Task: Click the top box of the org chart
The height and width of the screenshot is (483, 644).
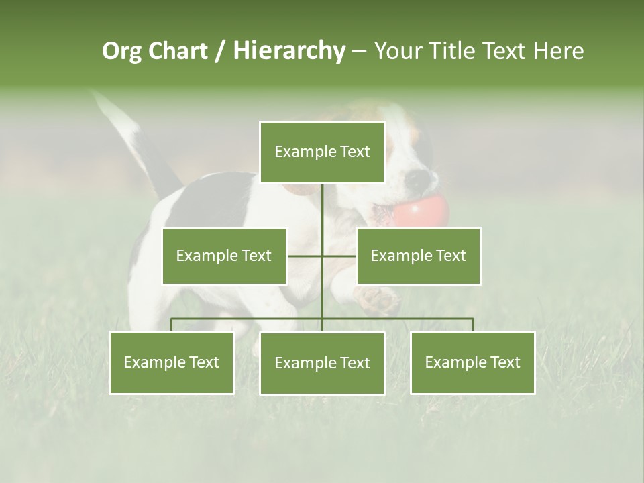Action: point(322,152)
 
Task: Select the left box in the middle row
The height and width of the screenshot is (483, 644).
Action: point(224,256)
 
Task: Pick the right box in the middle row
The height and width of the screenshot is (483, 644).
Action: point(418,256)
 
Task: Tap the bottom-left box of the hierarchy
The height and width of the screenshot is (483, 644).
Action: point(172,362)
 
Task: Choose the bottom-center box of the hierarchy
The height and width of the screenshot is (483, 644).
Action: point(322,363)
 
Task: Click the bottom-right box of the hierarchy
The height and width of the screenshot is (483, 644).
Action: point(472,362)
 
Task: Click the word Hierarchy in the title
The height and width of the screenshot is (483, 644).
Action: point(289,50)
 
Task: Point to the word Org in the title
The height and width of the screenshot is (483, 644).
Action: point(123,50)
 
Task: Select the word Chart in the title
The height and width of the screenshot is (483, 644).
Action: point(178,50)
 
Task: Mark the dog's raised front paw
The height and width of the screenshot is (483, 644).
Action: point(376,299)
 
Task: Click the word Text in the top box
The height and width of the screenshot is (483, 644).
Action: point(354,152)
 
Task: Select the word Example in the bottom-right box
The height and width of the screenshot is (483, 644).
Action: point(456,362)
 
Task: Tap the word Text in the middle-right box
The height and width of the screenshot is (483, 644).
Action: point(450,256)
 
